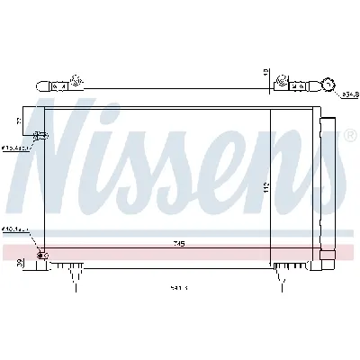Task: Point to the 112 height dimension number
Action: [292, 186]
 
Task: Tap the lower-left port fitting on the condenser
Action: [40, 255]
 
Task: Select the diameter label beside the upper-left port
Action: [13, 146]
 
